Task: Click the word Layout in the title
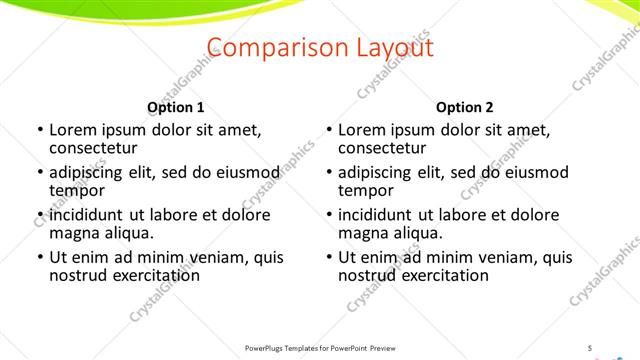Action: click(394, 49)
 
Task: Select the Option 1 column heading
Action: click(175, 107)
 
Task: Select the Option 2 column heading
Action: click(465, 107)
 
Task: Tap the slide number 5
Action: click(590, 347)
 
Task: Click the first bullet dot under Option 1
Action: click(40, 130)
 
